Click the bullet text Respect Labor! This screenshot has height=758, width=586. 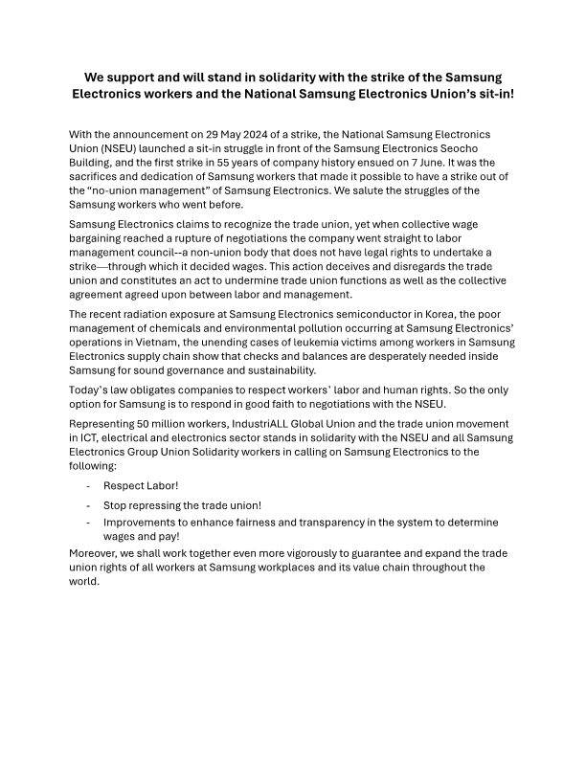pyautogui.click(x=141, y=486)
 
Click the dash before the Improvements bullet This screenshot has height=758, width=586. pyautogui.click(x=88, y=523)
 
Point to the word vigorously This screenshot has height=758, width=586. pyautogui.click(x=346, y=554)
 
